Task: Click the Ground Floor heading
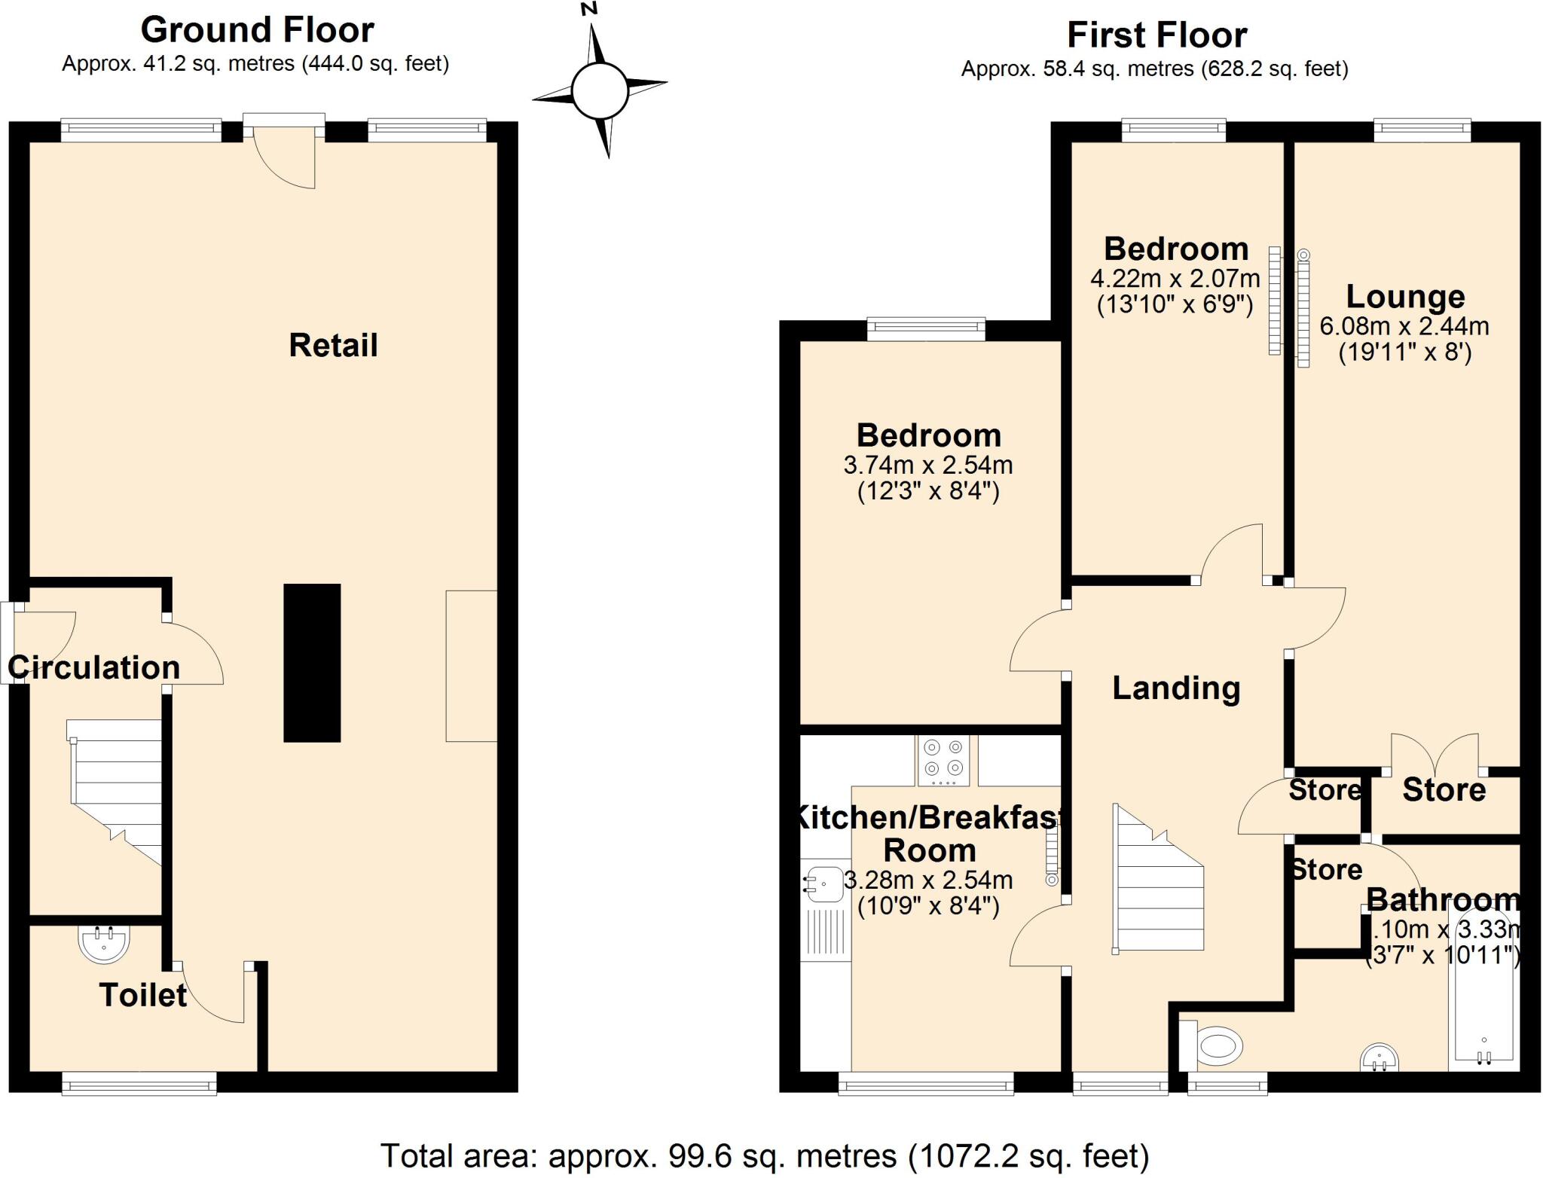(x=257, y=30)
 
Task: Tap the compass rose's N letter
(x=589, y=9)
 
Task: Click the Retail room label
(x=333, y=345)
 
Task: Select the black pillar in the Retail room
(x=312, y=663)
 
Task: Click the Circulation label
(x=94, y=667)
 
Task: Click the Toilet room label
(x=142, y=995)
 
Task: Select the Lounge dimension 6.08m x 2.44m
(x=1404, y=326)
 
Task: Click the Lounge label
(x=1405, y=296)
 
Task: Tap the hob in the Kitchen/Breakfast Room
(x=943, y=759)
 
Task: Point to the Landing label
(x=1176, y=688)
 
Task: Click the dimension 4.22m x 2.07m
(x=1175, y=279)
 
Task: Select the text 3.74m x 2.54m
(x=927, y=465)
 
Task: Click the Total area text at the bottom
(x=764, y=1155)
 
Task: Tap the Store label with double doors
(x=1444, y=789)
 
